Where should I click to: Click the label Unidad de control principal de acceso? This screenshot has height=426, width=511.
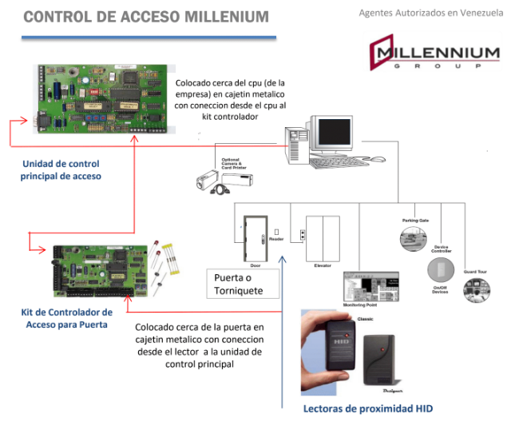(61, 169)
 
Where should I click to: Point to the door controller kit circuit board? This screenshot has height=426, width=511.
(105, 272)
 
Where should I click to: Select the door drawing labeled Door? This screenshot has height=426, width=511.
(255, 237)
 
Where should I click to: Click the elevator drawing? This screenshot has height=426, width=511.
(323, 237)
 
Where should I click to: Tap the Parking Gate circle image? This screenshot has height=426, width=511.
(414, 237)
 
